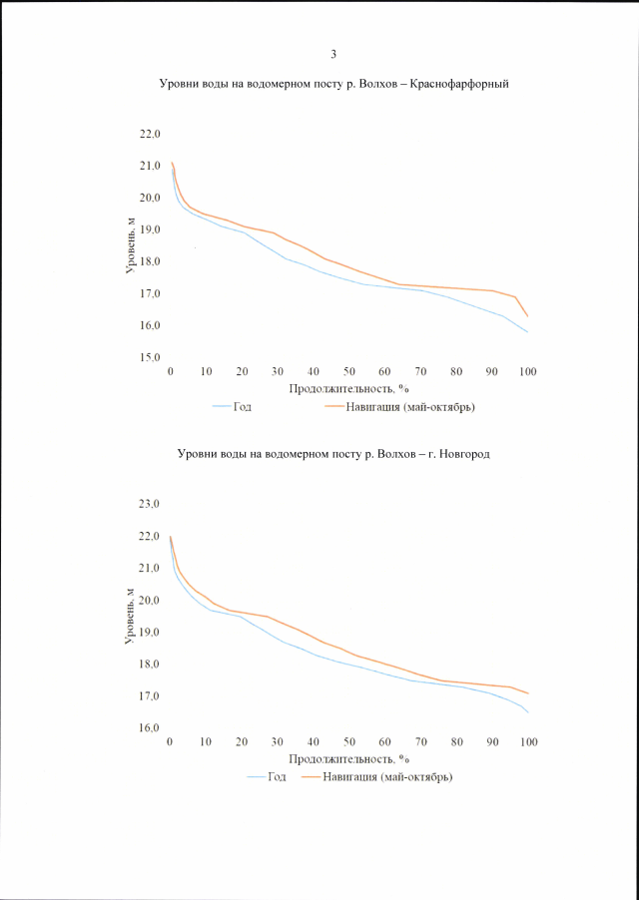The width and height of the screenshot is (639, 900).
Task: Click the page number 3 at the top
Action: [x=333, y=54]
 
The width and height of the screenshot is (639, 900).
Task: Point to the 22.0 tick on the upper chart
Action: [x=150, y=134]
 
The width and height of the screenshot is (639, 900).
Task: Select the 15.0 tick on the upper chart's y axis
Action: [x=150, y=357]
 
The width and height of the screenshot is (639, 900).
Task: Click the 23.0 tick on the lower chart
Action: [x=150, y=505]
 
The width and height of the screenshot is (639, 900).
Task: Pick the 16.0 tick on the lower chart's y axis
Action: [x=150, y=728]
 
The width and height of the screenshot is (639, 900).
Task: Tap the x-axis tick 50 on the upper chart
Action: [x=349, y=371]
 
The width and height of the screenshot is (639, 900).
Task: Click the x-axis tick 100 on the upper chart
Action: [x=527, y=371]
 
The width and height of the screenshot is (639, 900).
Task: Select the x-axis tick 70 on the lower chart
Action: [x=420, y=742]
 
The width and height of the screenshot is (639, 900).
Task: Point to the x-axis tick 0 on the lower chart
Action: [x=171, y=742]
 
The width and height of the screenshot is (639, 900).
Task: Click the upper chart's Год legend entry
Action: [x=243, y=407]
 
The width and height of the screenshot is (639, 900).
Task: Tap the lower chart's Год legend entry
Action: [x=277, y=777]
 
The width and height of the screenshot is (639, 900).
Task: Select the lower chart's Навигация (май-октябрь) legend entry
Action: [x=389, y=777]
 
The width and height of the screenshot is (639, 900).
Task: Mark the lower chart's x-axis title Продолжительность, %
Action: [x=349, y=758]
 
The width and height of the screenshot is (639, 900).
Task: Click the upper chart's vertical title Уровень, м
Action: [x=130, y=245]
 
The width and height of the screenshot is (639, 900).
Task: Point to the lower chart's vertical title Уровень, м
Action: [x=130, y=617]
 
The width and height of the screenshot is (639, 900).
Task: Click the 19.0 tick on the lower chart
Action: [x=150, y=633]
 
